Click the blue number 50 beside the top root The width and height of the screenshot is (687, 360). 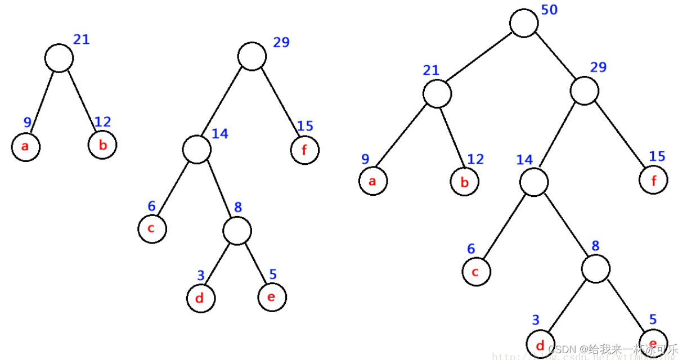tap(549, 10)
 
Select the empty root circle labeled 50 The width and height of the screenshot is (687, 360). tap(524, 24)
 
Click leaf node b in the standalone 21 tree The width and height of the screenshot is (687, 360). tap(102, 145)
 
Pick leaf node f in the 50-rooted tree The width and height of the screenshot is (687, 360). tap(653, 181)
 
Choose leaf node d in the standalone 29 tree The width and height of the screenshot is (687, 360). tap(201, 298)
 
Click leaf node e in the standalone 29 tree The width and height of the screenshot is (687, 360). tap(272, 296)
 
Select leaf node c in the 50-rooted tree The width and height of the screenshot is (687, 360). tap(477, 272)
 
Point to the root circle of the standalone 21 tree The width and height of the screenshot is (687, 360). tap(59, 58)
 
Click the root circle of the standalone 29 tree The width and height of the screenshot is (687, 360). tap(252, 56)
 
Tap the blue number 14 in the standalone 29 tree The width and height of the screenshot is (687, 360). tap(219, 133)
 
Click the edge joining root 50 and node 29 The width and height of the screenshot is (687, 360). tap(554, 57)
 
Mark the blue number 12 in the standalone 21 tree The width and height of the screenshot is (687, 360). tap(102, 121)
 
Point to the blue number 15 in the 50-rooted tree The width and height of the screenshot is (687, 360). tap(657, 156)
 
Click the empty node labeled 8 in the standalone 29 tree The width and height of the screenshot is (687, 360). tap(237, 231)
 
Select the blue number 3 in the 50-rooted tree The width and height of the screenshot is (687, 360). tap(536, 320)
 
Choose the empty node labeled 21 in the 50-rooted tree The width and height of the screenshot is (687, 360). tap(437, 93)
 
